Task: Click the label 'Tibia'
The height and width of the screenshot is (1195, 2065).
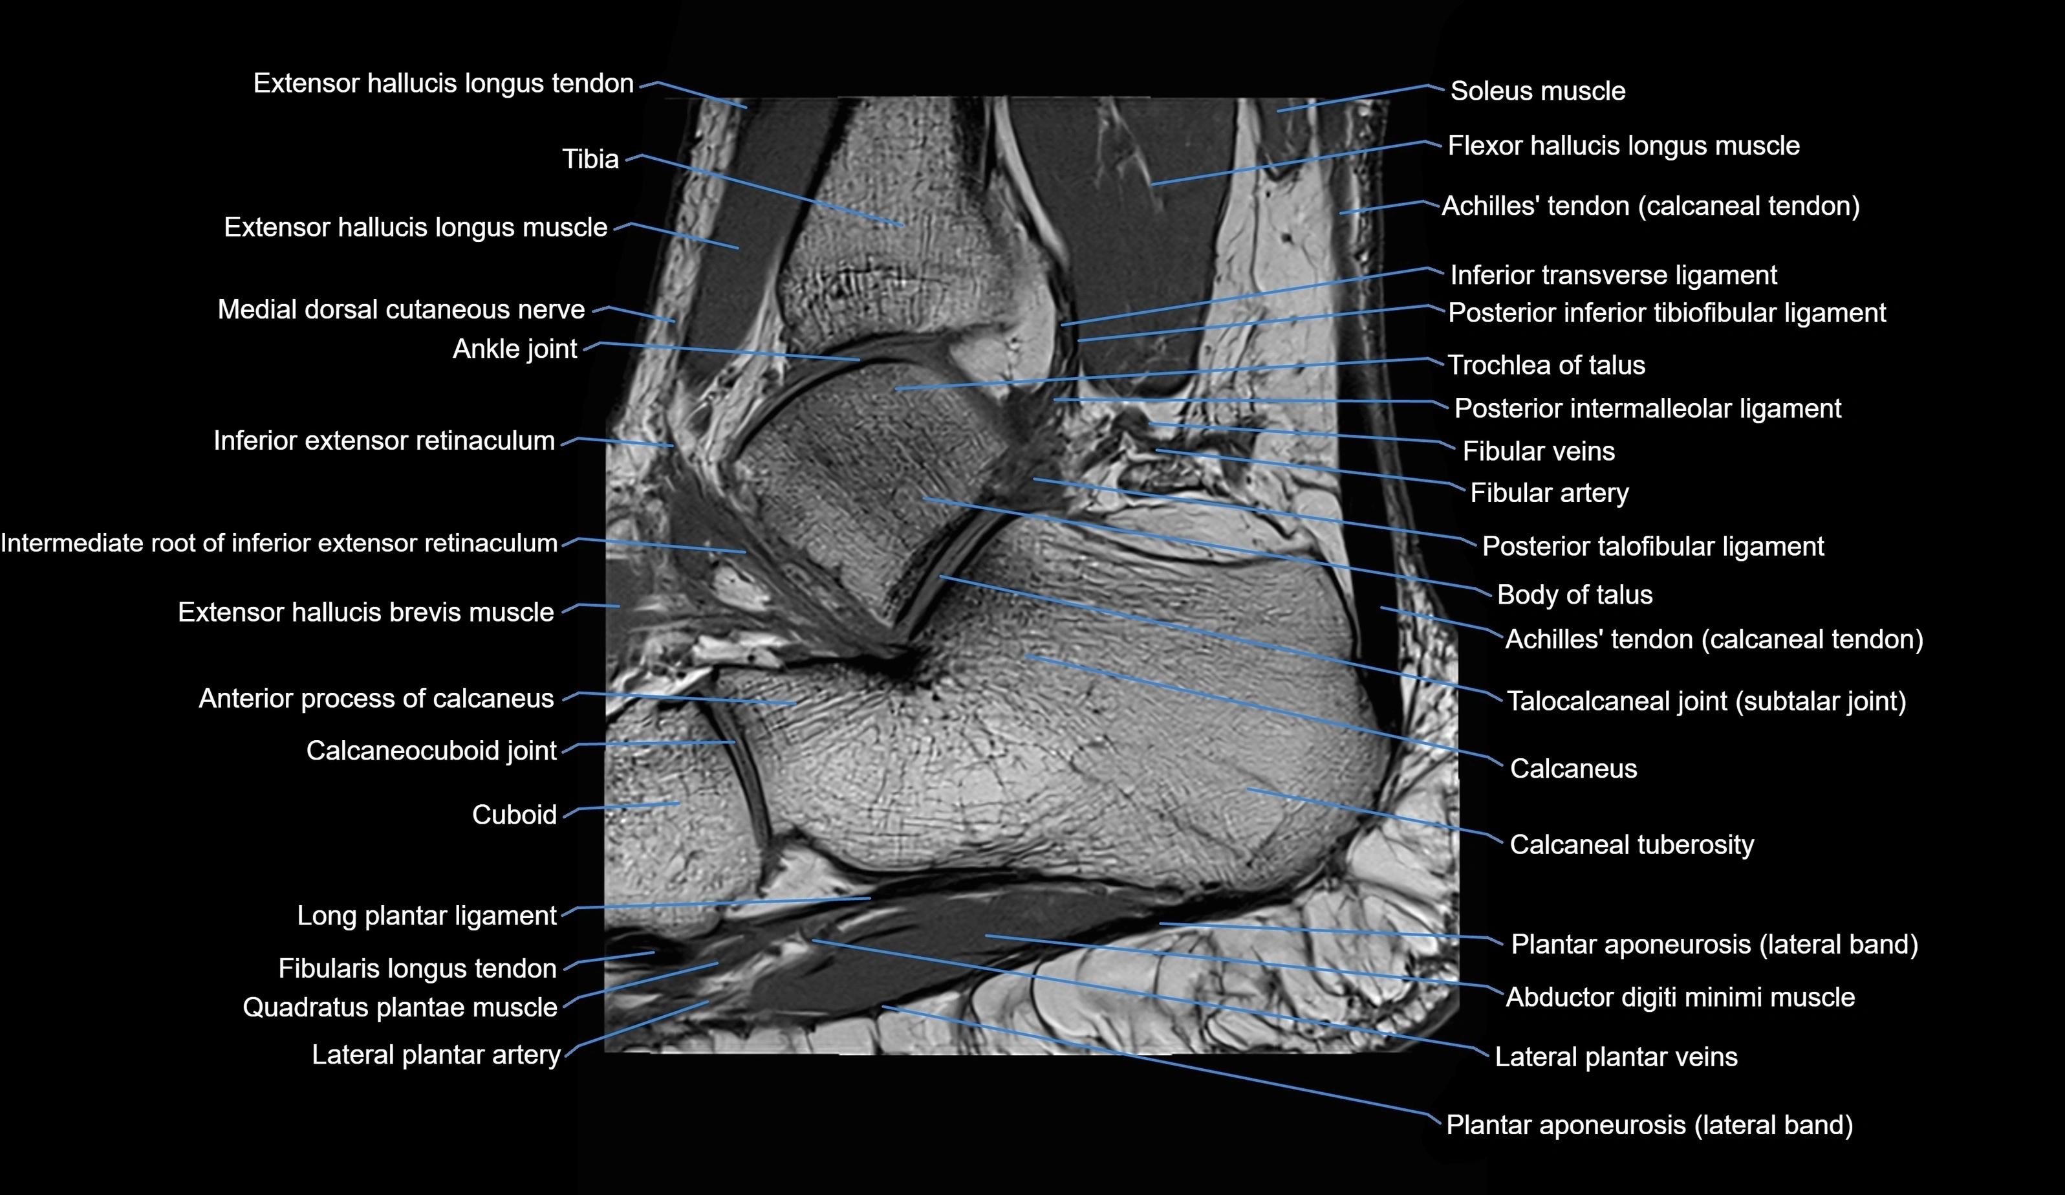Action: [x=590, y=159]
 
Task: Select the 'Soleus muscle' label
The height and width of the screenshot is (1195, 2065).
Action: [x=1537, y=91]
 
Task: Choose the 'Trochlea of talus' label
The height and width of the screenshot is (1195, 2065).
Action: [x=1546, y=366]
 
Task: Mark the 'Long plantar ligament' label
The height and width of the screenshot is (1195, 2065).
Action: [x=426, y=915]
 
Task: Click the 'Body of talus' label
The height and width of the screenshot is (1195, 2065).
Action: [x=1574, y=595]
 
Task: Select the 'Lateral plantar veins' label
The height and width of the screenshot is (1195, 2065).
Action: [x=1615, y=1057]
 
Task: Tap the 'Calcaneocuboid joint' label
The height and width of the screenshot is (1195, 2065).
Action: [x=431, y=751]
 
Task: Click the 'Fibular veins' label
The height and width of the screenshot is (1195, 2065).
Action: [x=1538, y=452]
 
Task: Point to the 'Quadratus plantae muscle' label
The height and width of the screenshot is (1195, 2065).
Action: [x=400, y=1007]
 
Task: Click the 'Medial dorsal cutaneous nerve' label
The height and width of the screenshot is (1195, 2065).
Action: [x=401, y=310]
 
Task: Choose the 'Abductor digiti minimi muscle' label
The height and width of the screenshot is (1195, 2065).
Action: [x=1680, y=998]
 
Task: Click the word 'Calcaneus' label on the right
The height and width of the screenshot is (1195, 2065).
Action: [x=1572, y=769]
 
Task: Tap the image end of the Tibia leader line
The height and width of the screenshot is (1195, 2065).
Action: [x=903, y=225]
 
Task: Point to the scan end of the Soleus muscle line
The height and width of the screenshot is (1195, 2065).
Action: [x=1277, y=111]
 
